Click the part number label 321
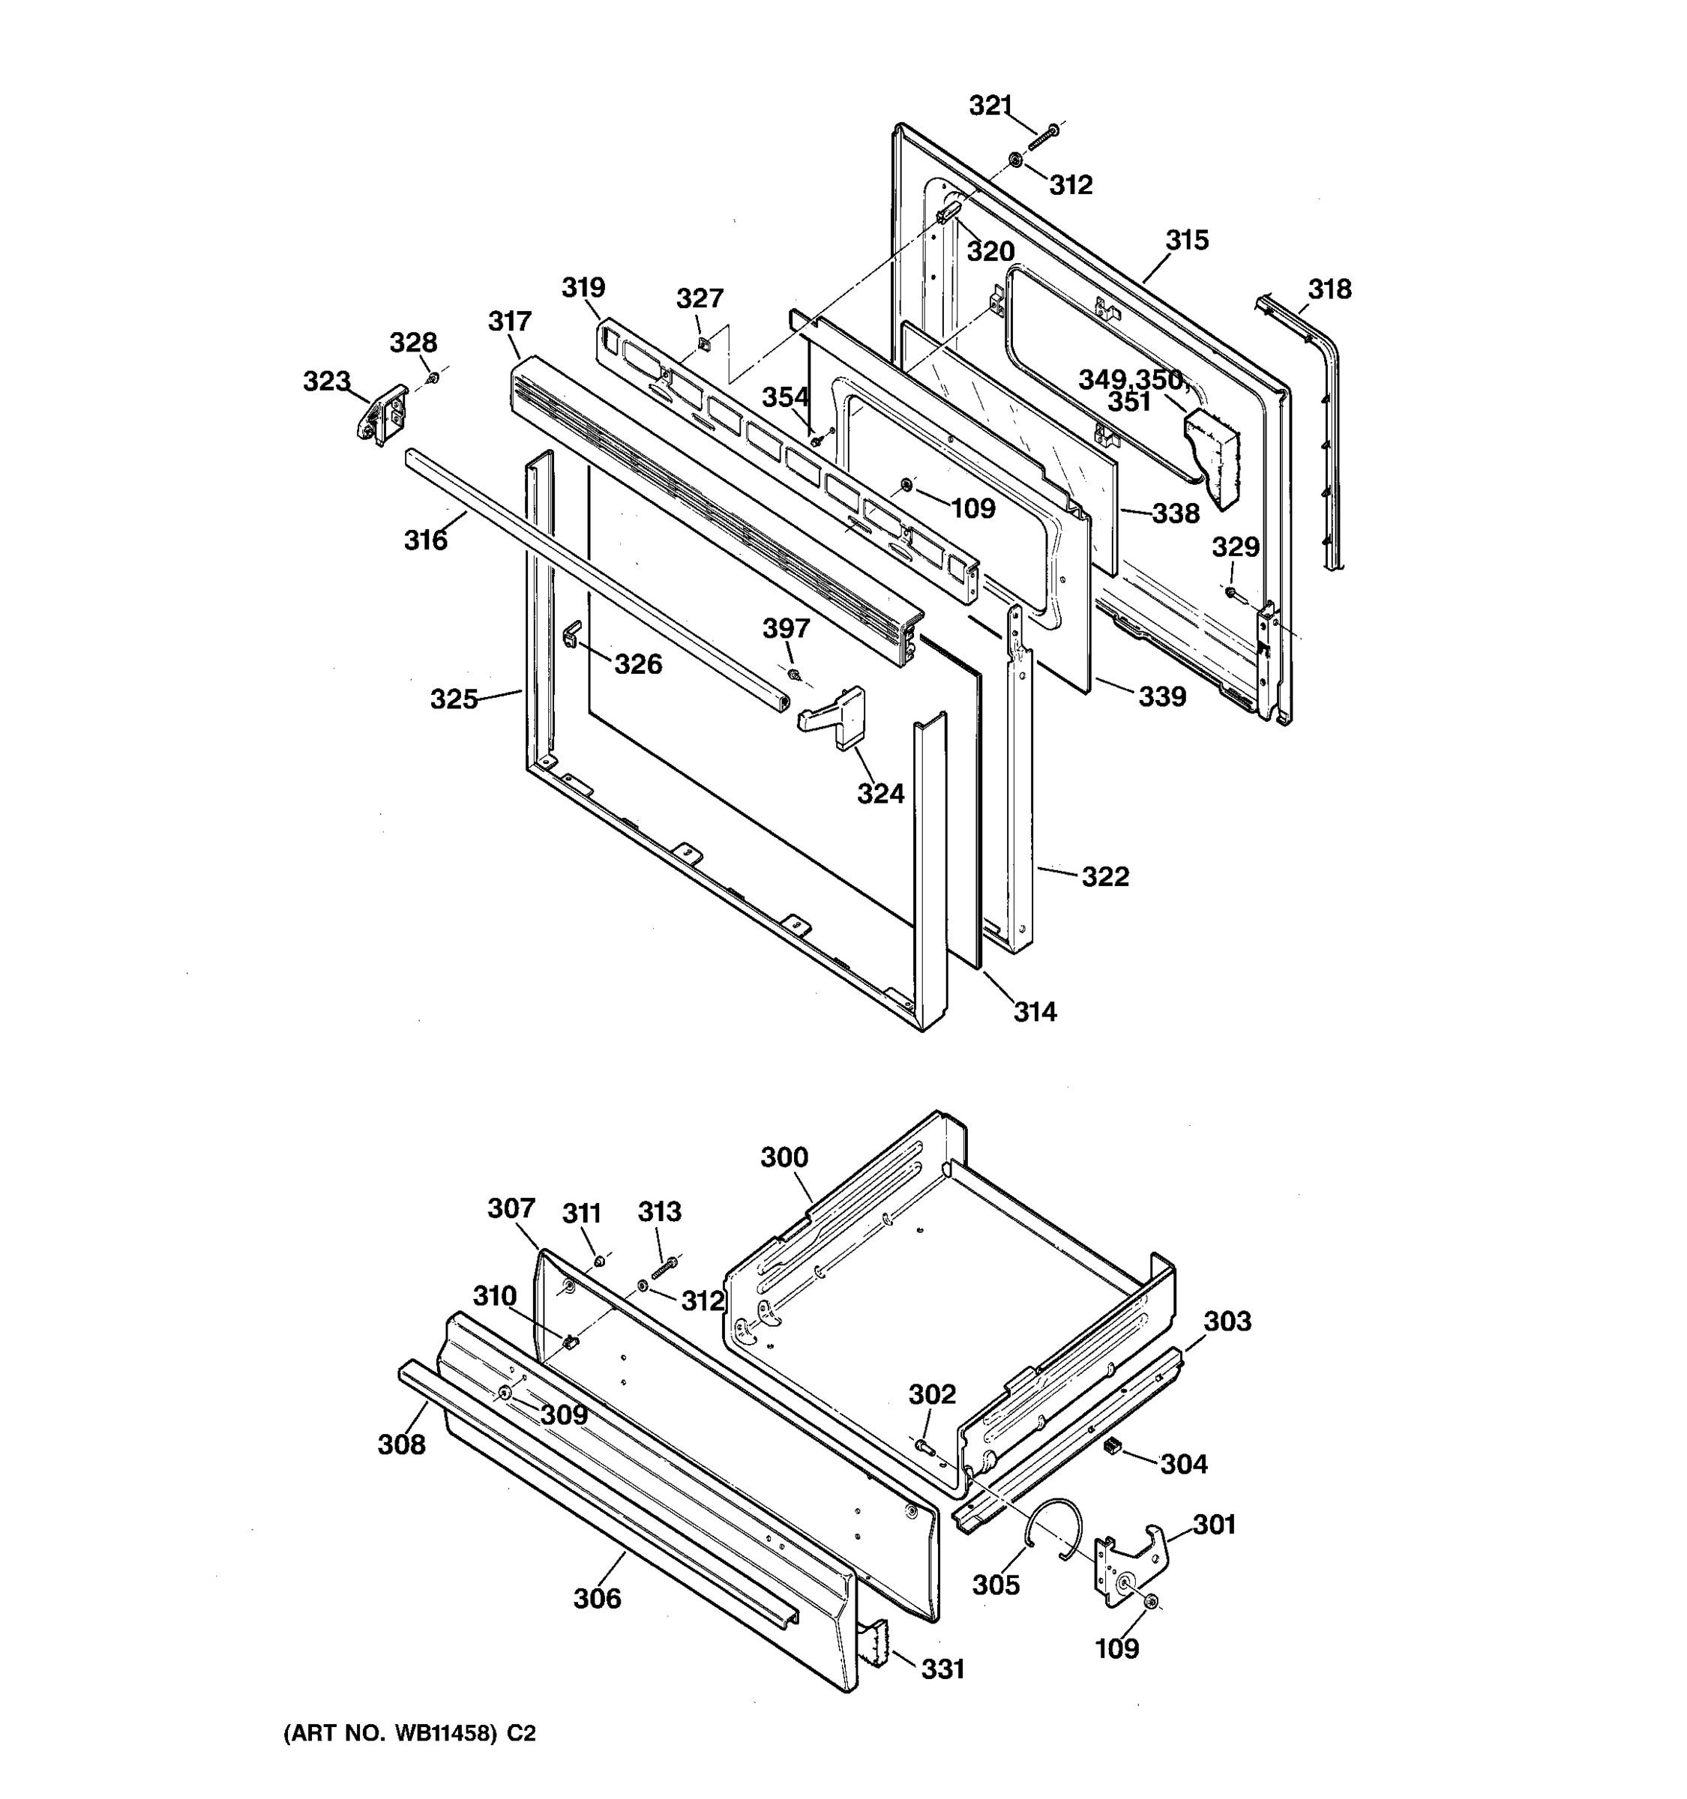tap(990, 106)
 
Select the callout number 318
tap(1329, 289)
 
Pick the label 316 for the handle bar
tap(425, 540)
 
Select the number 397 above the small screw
tap(786, 628)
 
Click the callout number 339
tap(1162, 697)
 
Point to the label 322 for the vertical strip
tap(1105, 876)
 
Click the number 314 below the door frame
tap(1035, 1012)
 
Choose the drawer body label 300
tap(784, 1157)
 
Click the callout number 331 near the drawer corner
tap(943, 1669)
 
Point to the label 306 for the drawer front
tap(598, 1599)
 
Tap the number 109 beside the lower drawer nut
tap(1117, 1648)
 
